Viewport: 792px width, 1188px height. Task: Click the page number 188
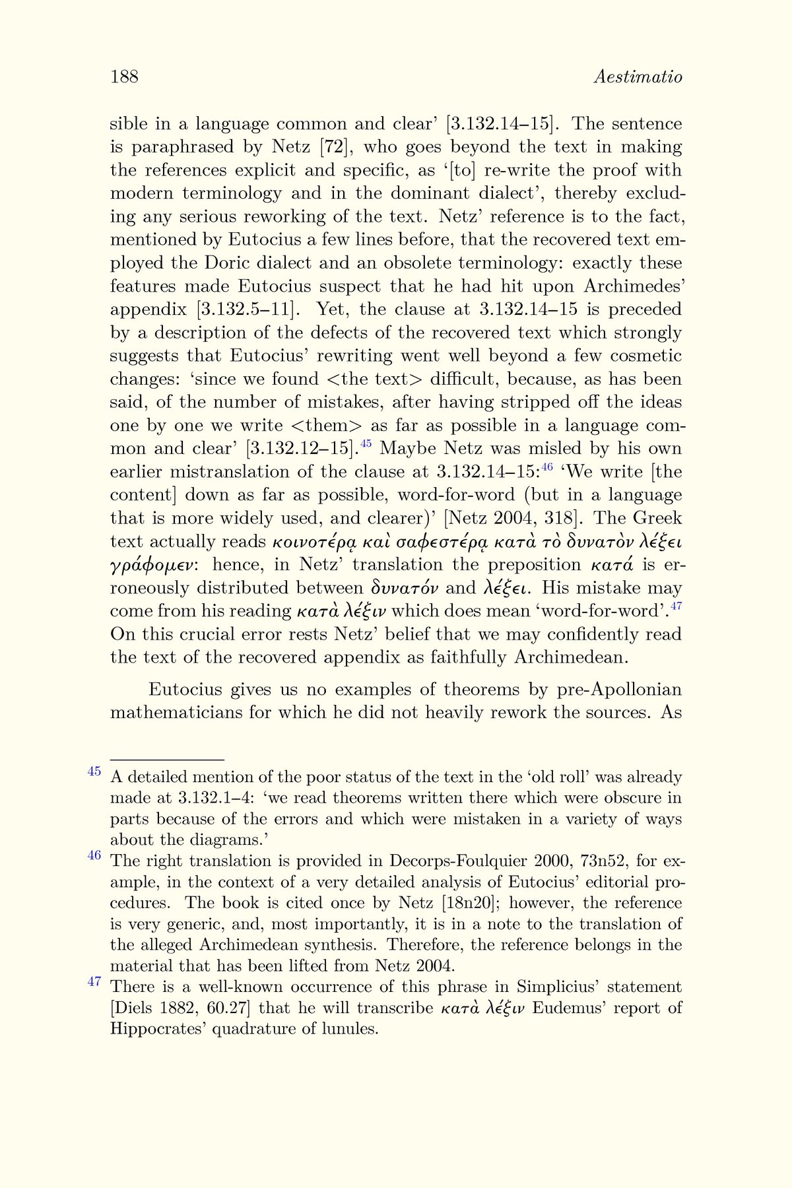[124, 77]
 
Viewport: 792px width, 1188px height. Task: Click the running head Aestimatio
[638, 77]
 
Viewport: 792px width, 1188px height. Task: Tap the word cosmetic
[645, 356]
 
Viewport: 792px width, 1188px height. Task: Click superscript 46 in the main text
[546, 467]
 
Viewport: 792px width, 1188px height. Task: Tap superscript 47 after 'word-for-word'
[676, 606]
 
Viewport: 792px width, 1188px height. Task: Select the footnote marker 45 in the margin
[94, 771]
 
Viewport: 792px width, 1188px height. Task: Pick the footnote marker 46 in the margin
[94, 855]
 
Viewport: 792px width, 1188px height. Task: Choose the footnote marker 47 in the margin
[94, 981]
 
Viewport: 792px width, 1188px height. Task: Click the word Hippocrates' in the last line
[156, 1029]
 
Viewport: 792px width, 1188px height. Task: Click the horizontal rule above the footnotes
[168, 760]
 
